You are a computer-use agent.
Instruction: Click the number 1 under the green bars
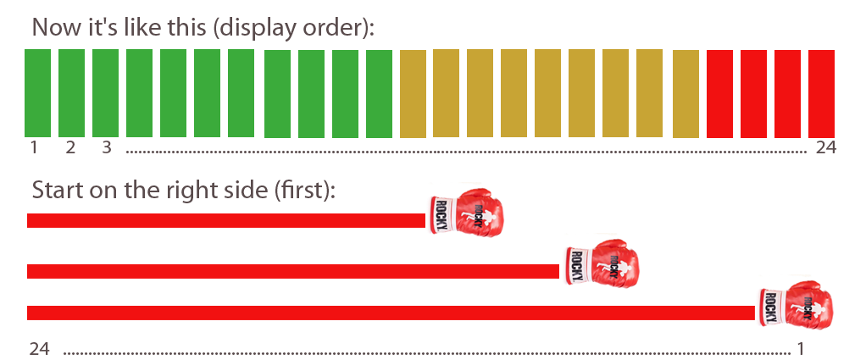34,147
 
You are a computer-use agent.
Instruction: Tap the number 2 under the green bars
70,147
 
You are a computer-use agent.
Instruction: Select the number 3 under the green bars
106,147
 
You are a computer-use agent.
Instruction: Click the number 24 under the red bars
825,147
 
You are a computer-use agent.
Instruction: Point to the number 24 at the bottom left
40,348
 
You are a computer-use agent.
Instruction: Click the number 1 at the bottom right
799,348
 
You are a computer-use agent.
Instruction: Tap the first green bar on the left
37,92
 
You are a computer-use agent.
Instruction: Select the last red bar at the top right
821,93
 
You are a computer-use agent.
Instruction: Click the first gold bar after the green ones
413,93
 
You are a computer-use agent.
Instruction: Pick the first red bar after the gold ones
719,93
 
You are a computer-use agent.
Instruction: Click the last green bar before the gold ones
379,93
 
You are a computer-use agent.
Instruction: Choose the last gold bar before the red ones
686,93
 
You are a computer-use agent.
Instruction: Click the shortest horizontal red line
225,221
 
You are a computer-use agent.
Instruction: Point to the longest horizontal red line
390,313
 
